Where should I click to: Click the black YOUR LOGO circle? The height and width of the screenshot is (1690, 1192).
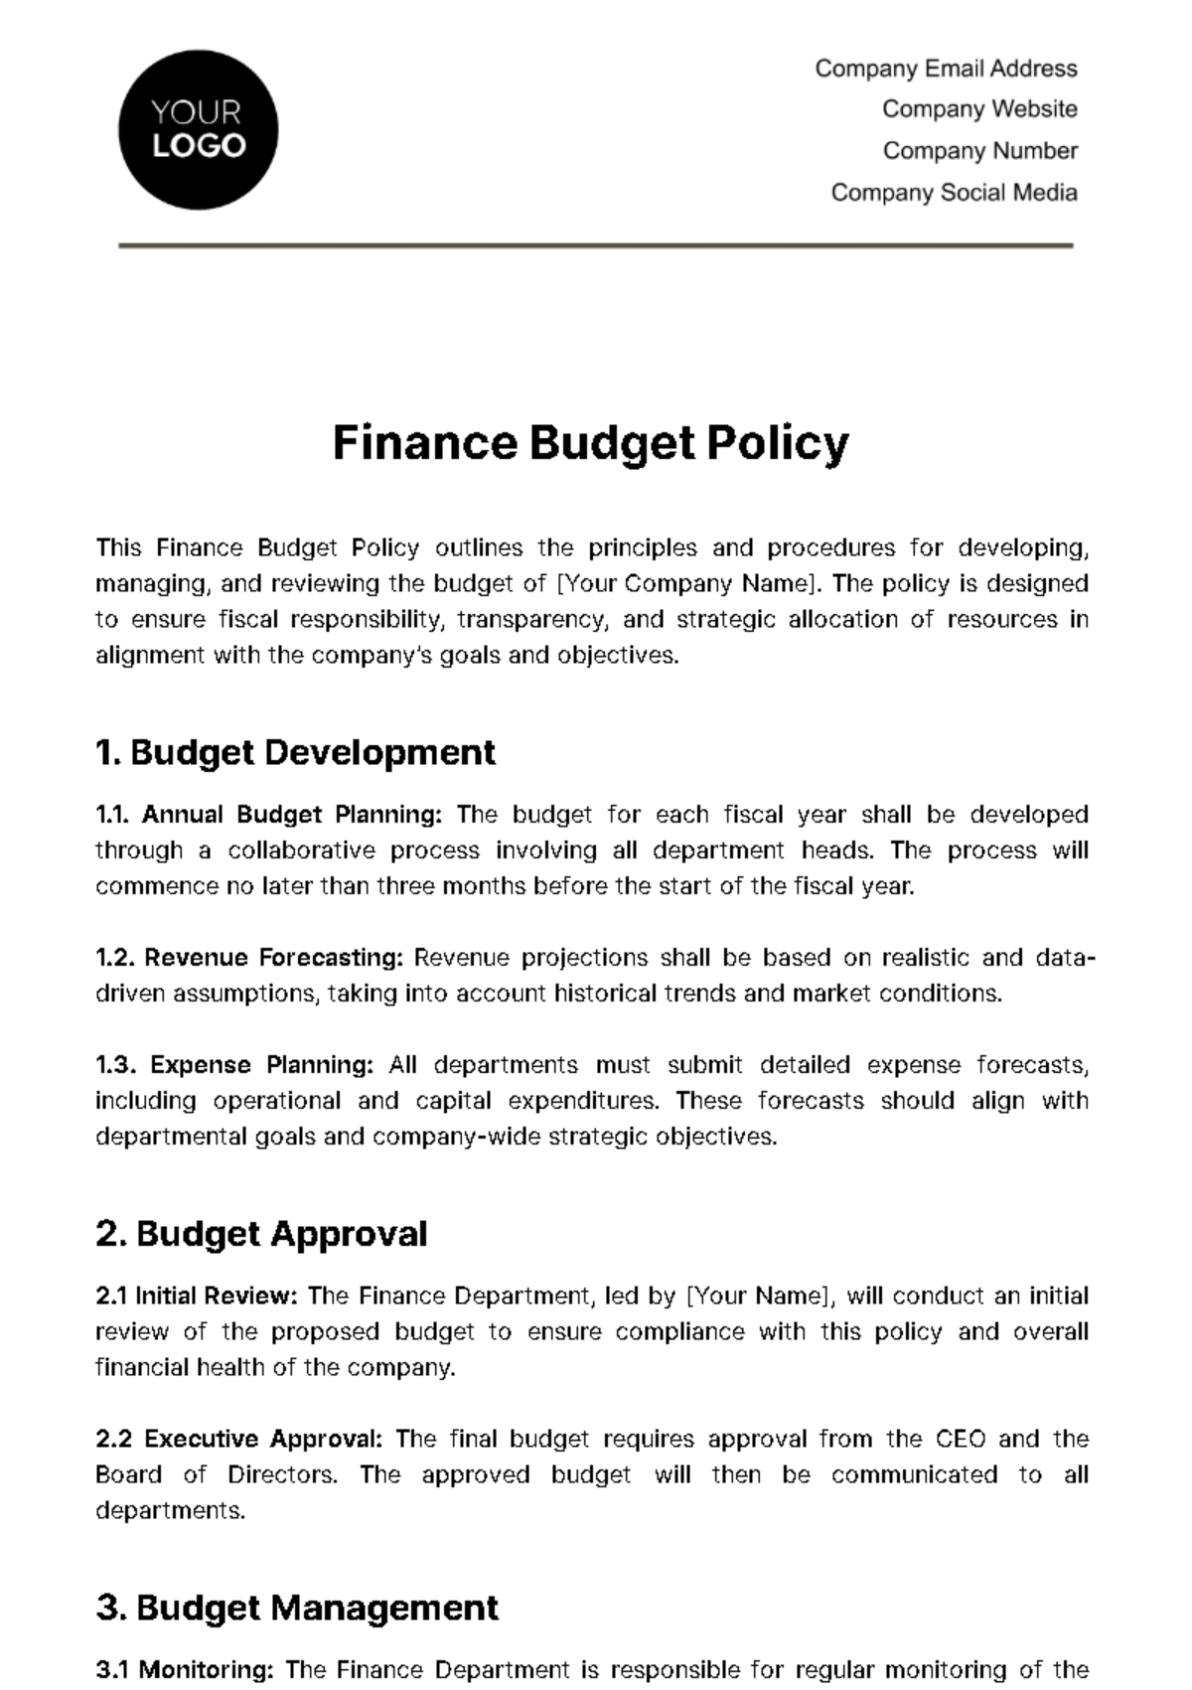(x=198, y=130)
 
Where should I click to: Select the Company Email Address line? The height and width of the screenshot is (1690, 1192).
(x=946, y=69)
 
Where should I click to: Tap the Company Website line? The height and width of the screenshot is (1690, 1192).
(x=978, y=109)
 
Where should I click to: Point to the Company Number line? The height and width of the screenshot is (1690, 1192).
(x=979, y=151)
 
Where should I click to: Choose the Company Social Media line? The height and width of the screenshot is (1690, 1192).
(x=954, y=193)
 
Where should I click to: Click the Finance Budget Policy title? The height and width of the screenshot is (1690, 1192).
(x=591, y=443)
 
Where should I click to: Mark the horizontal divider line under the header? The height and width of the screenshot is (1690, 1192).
(x=596, y=244)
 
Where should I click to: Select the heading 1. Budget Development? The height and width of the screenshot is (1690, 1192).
(x=295, y=752)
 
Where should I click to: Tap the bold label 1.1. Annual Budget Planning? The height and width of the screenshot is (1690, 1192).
(x=268, y=815)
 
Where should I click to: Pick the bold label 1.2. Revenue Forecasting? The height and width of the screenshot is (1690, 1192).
(x=249, y=958)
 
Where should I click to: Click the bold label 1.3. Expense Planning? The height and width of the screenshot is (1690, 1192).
(x=234, y=1065)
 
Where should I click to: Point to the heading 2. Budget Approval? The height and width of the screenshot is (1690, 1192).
(x=261, y=1234)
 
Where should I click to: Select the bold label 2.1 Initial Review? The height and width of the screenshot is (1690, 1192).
(x=197, y=1296)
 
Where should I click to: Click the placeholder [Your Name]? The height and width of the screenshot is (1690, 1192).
(x=759, y=1296)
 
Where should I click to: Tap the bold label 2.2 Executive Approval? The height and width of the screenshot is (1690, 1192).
(x=238, y=1439)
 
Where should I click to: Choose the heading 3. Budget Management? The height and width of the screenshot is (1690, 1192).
(x=297, y=1608)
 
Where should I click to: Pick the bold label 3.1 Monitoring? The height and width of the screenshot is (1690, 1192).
(x=185, y=1670)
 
